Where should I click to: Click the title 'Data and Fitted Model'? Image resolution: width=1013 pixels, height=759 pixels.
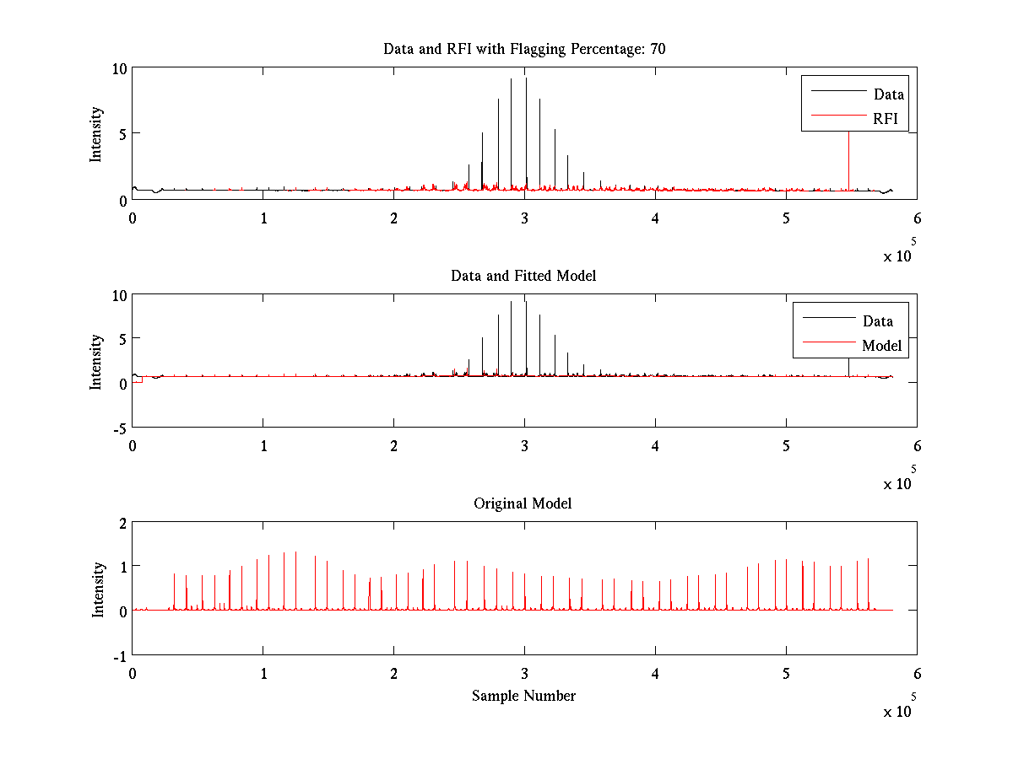(523, 276)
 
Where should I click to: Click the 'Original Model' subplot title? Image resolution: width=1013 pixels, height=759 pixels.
(523, 503)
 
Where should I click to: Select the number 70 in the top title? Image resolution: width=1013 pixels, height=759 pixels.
(658, 49)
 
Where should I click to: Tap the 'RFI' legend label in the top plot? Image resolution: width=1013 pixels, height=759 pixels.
(887, 119)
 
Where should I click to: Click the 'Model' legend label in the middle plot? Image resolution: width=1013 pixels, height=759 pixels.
(881, 346)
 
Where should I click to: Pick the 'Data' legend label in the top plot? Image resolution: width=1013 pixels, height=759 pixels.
(888, 94)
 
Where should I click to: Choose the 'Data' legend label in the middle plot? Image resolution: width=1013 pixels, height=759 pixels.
(877, 321)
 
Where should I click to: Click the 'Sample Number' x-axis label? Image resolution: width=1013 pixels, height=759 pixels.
(523, 696)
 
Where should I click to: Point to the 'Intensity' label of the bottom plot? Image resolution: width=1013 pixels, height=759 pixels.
(98, 589)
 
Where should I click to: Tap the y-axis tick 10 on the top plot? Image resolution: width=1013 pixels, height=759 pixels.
(119, 68)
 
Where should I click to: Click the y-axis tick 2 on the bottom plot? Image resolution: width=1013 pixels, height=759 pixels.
(122, 522)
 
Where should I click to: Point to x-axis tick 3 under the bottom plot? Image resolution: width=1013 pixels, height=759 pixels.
(524, 674)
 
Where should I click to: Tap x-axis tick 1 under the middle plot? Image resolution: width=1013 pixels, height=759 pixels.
(263, 446)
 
